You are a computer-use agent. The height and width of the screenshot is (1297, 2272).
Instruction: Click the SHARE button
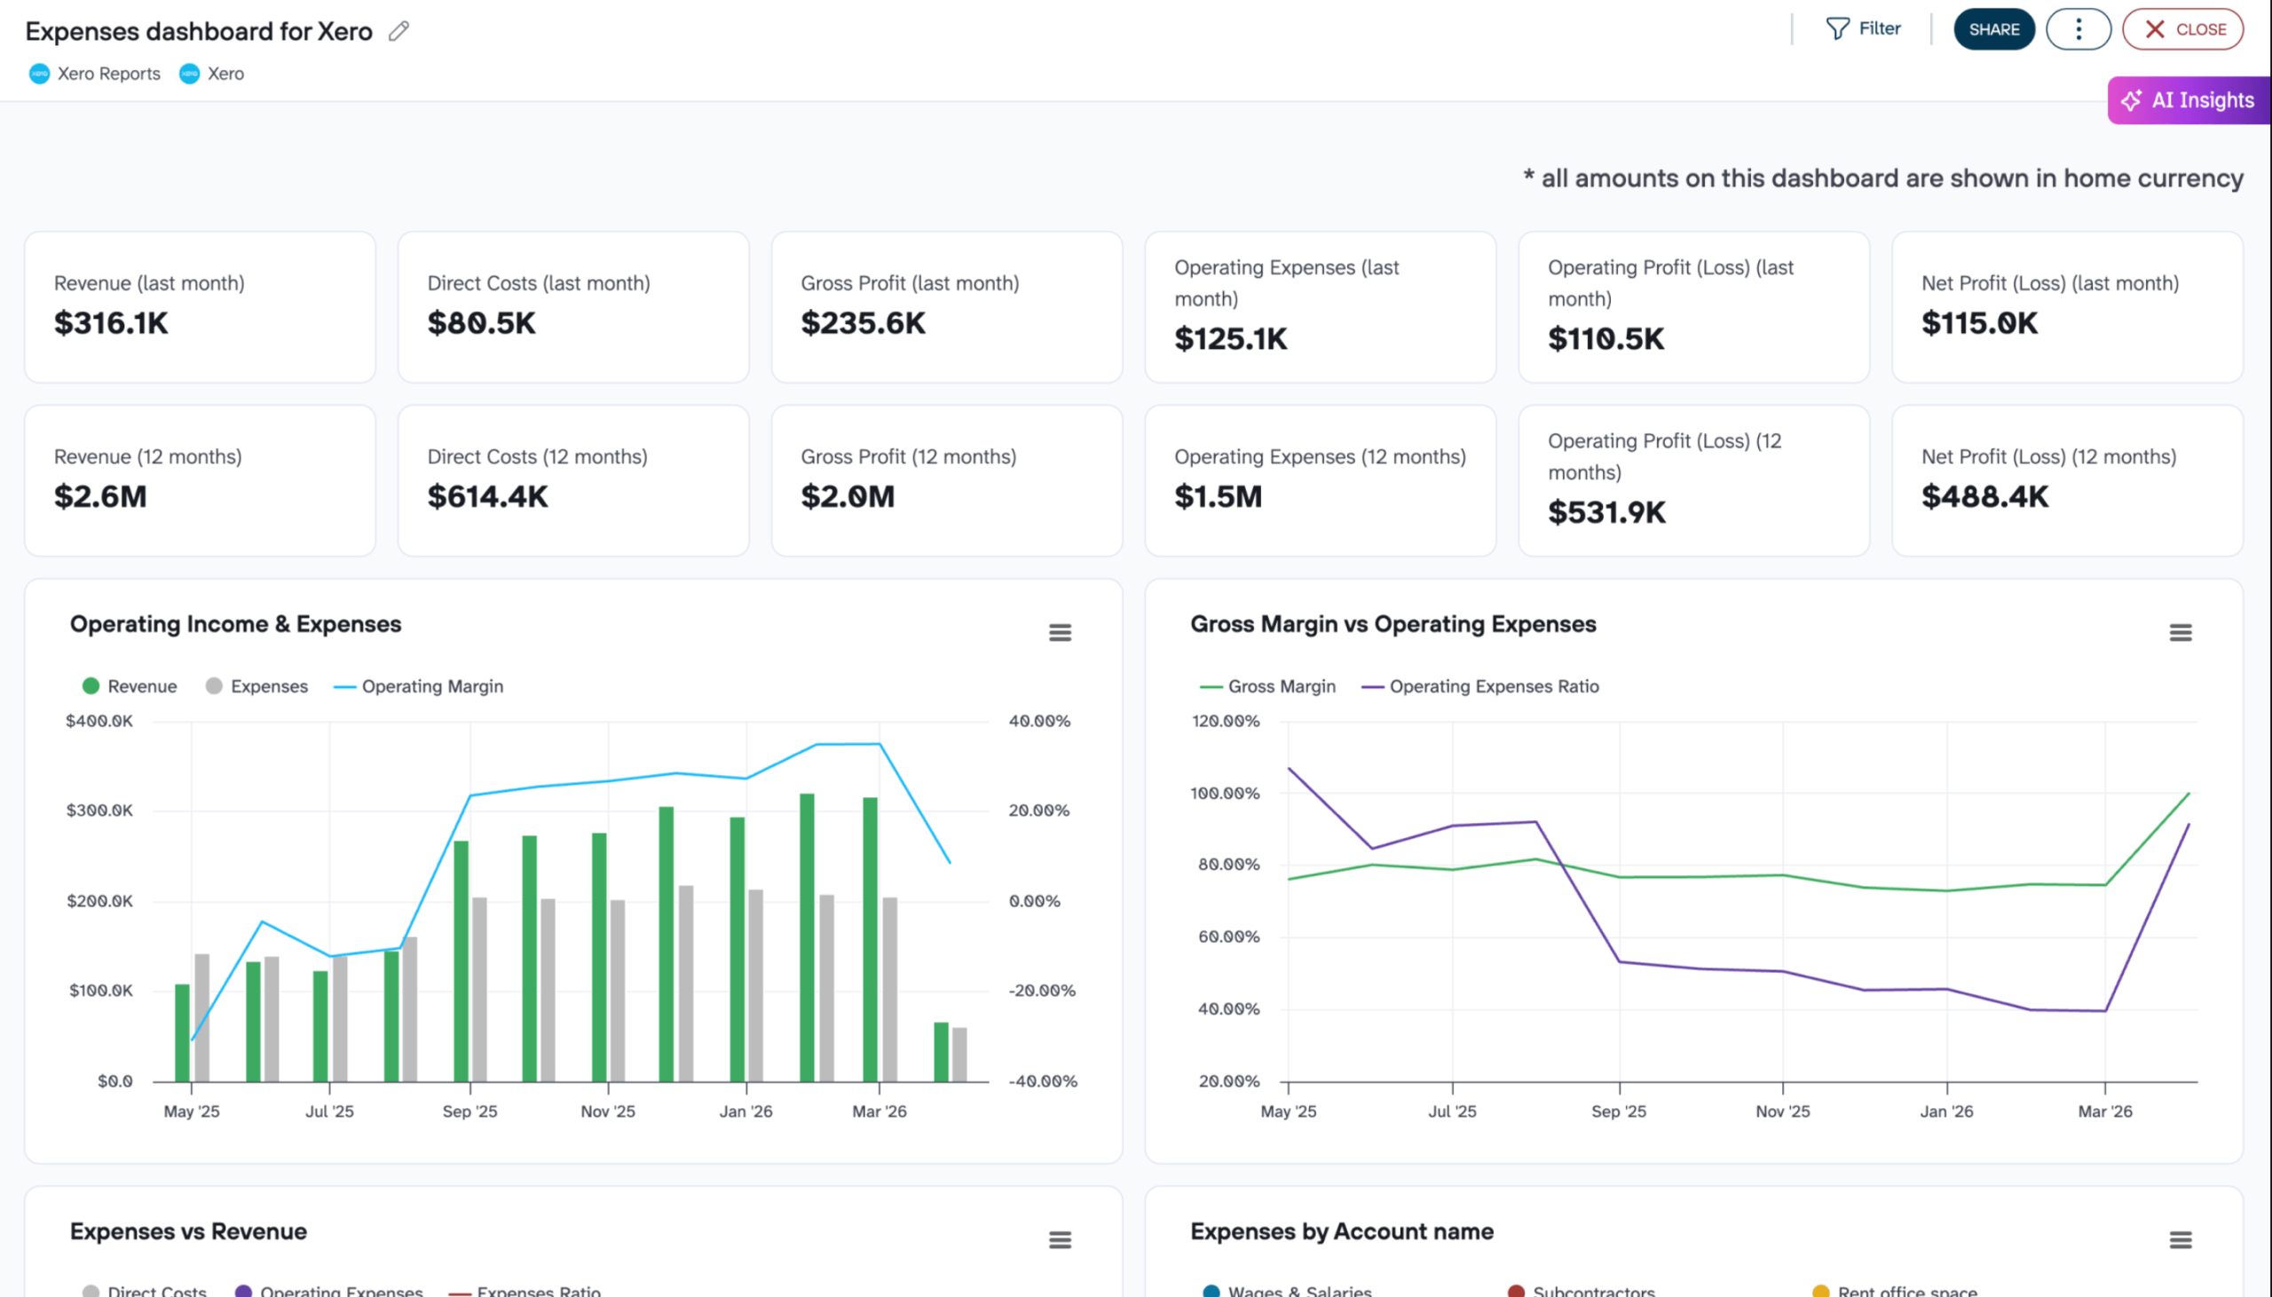1992,29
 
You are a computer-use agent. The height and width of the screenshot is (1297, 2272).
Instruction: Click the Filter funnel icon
1836,28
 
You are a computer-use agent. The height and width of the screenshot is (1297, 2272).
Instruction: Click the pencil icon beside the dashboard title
398,31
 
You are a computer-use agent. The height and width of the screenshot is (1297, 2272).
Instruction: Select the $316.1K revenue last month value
111,322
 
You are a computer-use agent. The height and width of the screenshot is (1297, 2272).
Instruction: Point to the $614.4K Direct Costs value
487,496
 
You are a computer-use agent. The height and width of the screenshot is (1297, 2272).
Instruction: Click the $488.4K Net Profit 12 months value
1984,496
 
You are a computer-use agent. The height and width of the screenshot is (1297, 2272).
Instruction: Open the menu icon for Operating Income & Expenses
1060,632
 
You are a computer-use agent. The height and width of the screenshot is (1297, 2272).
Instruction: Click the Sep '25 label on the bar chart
469,1111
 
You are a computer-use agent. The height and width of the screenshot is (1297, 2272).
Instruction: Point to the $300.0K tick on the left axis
99,810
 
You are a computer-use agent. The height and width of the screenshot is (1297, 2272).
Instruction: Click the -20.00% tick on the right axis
1041,990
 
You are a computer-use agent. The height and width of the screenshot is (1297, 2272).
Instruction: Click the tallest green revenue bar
807,936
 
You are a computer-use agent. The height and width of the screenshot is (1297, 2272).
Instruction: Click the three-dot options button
2078,29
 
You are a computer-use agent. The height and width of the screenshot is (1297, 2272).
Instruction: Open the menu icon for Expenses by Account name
2180,1239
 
